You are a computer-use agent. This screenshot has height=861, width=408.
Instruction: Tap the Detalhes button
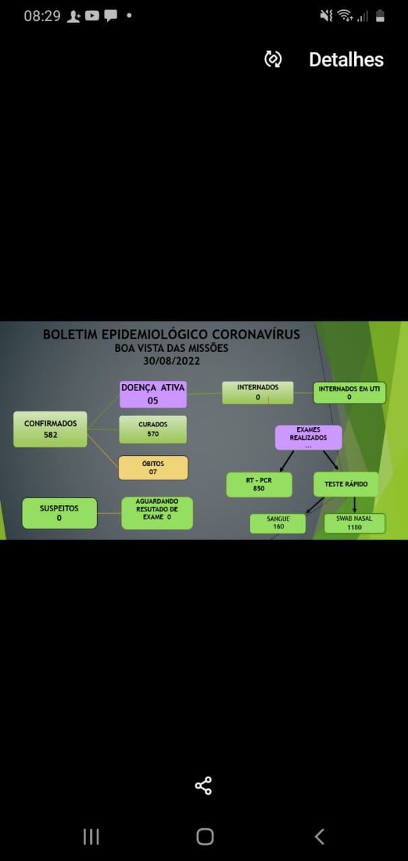[x=346, y=60]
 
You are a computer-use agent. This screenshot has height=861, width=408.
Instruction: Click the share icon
[x=203, y=786]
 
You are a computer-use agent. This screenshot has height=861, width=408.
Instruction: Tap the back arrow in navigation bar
[x=319, y=836]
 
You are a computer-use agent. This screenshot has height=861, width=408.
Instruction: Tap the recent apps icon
[x=91, y=836]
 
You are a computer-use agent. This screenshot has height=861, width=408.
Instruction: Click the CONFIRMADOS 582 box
[x=50, y=429]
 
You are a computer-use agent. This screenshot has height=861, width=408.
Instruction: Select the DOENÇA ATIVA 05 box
[x=153, y=394]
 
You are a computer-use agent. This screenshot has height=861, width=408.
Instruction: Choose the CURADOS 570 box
[x=153, y=429]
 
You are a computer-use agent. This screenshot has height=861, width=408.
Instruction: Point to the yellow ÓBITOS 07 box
[x=153, y=467]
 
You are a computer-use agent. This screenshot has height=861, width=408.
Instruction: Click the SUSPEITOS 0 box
[x=59, y=513]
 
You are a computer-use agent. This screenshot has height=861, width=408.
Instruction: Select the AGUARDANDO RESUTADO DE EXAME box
[x=157, y=513]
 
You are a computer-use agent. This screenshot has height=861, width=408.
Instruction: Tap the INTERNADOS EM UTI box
[x=349, y=392]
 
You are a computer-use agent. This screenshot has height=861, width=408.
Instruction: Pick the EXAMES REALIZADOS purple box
[x=308, y=437]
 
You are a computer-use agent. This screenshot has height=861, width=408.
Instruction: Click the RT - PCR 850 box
[x=259, y=485]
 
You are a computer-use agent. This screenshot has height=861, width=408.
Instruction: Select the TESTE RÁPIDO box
[x=345, y=484]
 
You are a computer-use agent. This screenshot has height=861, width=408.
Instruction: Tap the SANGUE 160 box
[x=278, y=523]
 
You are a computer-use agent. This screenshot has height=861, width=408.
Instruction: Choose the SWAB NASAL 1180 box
[x=355, y=523]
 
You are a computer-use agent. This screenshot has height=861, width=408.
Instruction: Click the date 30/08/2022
[x=172, y=361]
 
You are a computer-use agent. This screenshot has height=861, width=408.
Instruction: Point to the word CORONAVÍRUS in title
[x=256, y=334]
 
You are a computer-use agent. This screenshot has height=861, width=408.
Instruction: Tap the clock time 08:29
[x=42, y=15]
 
